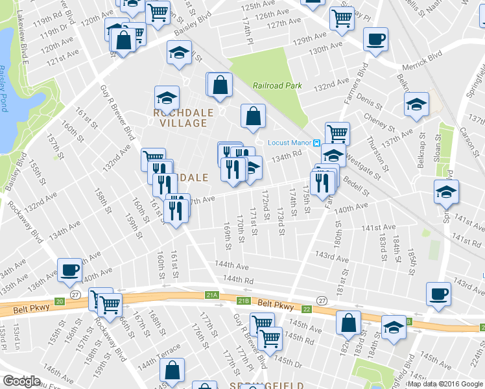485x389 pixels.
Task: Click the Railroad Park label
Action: pos(278,86)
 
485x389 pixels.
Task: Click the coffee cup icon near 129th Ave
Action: pos(375,40)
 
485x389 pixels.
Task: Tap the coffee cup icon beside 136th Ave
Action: pos(70,270)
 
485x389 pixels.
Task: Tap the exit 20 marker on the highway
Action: pos(60,301)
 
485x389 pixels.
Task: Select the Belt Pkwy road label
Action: pos(272,303)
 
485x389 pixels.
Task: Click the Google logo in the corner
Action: pos(21,381)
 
